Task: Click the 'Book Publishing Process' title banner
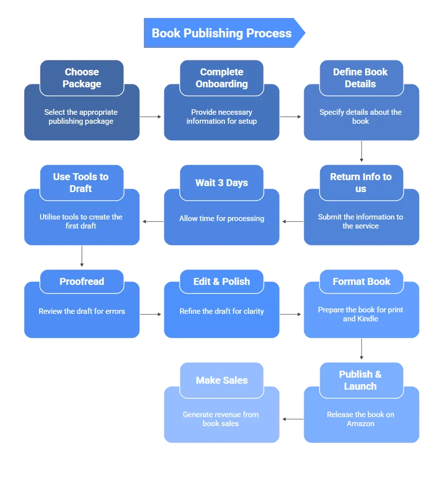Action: (x=222, y=33)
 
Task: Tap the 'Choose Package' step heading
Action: (x=82, y=78)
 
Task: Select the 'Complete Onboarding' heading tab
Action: (x=222, y=78)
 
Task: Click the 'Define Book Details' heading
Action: (x=361, y=78)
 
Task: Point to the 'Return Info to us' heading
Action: (x=361, y=183)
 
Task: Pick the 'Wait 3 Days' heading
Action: (x=222, y=183)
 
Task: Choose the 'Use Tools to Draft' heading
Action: (x=81, y=183)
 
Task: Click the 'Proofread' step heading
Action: (x=82, y=281)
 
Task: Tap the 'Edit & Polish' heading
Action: (x=222, y=281)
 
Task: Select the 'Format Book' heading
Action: (x=362, y=281)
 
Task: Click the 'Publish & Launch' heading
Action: (x=361, y=380)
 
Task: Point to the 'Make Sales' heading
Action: (x=222, y=380)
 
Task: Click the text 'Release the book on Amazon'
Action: (x=361, y=419)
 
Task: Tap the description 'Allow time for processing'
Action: (x=222, y=219)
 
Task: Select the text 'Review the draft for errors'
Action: (x=82, y=311)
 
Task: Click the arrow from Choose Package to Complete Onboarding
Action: (x=152, y=118)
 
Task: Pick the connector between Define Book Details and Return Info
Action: (x=361, y=152)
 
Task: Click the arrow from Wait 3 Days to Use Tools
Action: (x=152, y=221)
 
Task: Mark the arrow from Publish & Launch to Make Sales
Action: (x=292, y=419)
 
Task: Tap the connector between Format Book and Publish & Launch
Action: (x=361, y=349)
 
